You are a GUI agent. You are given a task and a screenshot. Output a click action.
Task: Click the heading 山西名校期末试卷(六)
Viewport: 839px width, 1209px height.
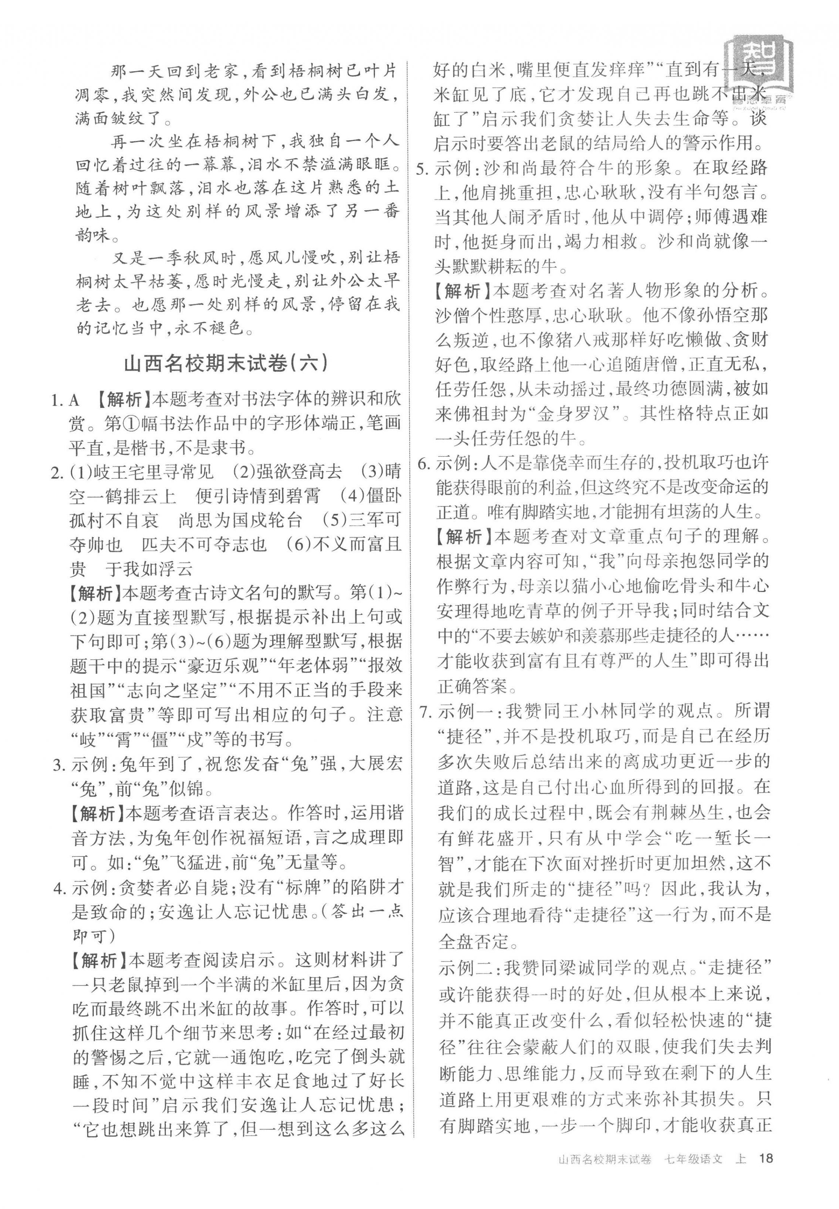click(x=226, y=364)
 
